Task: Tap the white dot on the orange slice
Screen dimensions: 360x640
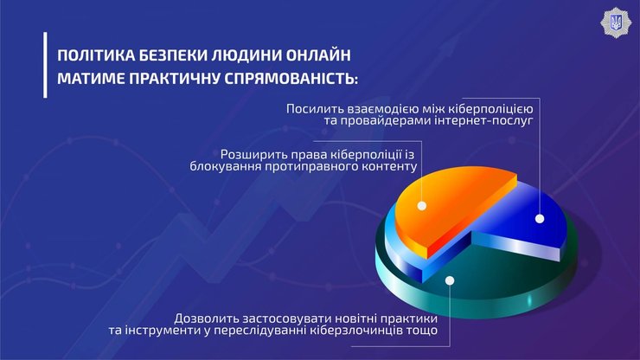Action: pyautogui.click(x=422, y=206)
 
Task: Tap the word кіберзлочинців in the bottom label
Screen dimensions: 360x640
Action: pyautogui.click(x=361, y=330)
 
